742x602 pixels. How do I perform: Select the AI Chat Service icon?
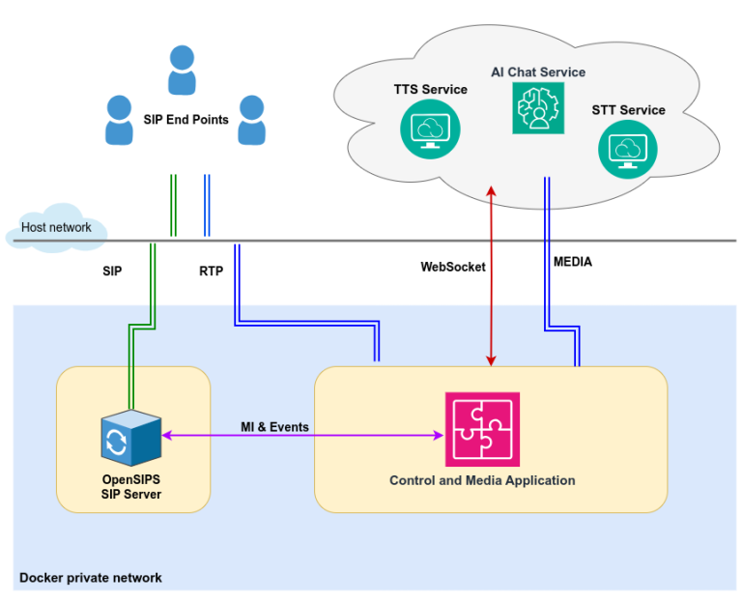pyautogui.click(x=537, y=107)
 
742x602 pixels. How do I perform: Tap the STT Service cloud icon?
pyautogui.click(x=628, y=148)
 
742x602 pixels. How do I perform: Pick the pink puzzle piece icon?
pyautogui.click(x=482, y=429)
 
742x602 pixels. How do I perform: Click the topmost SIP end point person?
pyautogui.click(x=183, y=70)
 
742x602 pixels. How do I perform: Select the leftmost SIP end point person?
pyautogui.click(x=118, y=120)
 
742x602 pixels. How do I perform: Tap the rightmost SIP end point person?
pyautogui.click(x=250, y=120)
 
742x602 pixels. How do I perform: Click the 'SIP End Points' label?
pyautogui.click(x=185, y=120)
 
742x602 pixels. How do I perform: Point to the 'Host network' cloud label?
pyautogui.click(x=56, y=228)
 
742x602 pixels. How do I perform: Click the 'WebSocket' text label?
pyautogui.click(x=453, y=266)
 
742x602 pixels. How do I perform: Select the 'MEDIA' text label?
pyautogui.click(x=573, y=262)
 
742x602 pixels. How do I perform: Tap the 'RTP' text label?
pyautogui.click(x=211, y=272)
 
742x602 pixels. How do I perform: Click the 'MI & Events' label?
pyautogui.click(x=275, y=426)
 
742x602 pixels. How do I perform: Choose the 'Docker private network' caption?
pyautogui.click(x=91, y=578)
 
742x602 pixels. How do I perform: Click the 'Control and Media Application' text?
pyautogui.click(x=482, y=480)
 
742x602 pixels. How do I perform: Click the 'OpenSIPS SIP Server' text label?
pyautogui.click(x=131, y=486)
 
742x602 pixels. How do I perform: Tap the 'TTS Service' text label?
pyautogui.click(x=430, y=90)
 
